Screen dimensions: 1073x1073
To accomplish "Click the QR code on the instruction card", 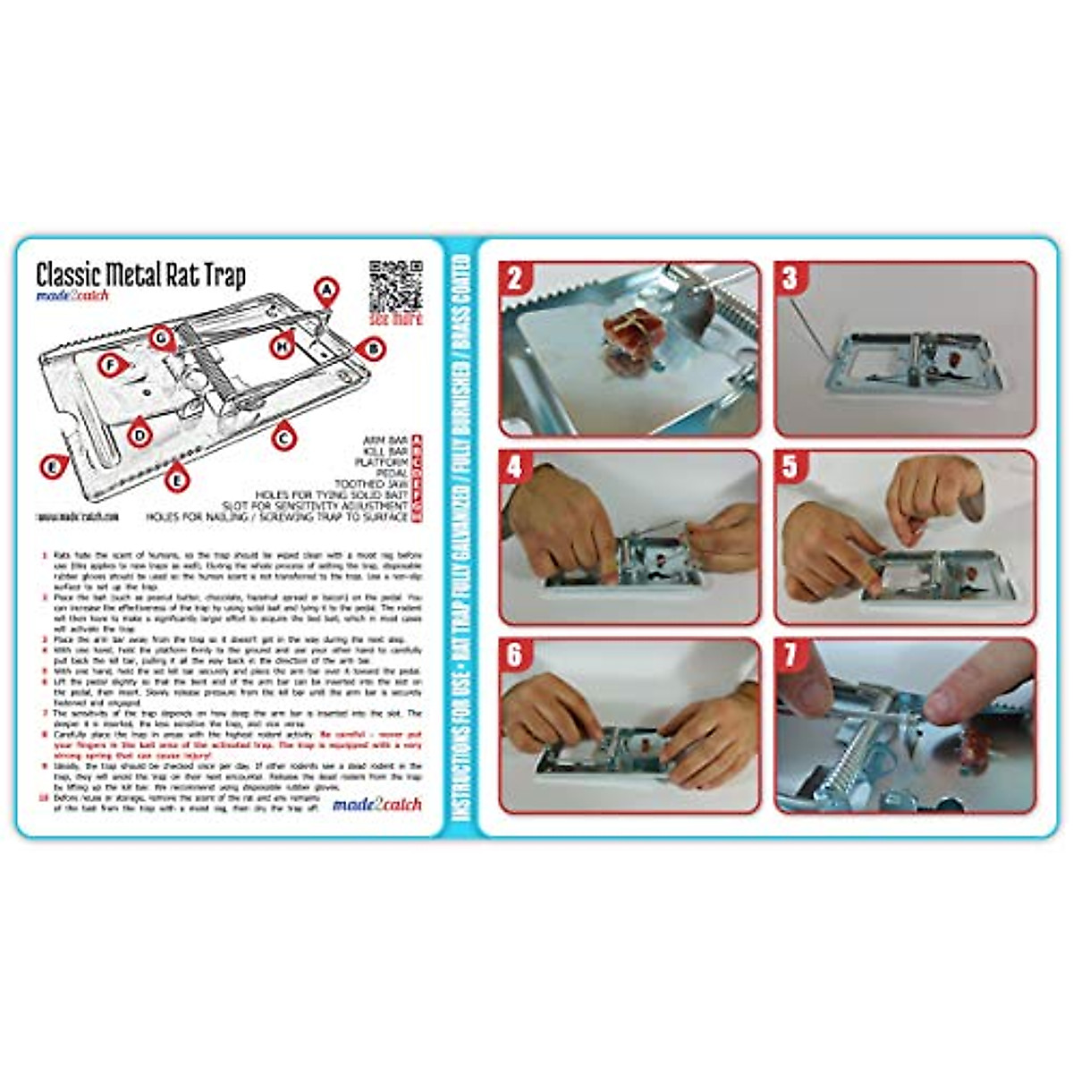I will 394,284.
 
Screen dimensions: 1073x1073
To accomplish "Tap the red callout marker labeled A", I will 327,290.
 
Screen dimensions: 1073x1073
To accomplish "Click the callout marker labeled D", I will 138,435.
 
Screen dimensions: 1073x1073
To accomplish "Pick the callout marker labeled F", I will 110,365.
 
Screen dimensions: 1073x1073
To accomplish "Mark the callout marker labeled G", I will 161,338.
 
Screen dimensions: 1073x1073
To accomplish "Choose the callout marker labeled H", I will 283,345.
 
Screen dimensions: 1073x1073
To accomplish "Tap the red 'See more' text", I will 394,318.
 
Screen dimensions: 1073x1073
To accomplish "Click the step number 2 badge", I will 515,278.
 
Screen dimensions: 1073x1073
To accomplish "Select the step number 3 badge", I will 790,278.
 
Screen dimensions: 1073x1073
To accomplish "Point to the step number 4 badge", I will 515,467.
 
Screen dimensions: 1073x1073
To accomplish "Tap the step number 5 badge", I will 790,467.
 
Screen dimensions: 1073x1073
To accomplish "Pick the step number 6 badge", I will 515,655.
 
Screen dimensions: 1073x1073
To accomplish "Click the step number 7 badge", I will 790,655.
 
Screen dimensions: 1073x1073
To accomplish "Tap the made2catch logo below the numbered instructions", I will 376,804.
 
